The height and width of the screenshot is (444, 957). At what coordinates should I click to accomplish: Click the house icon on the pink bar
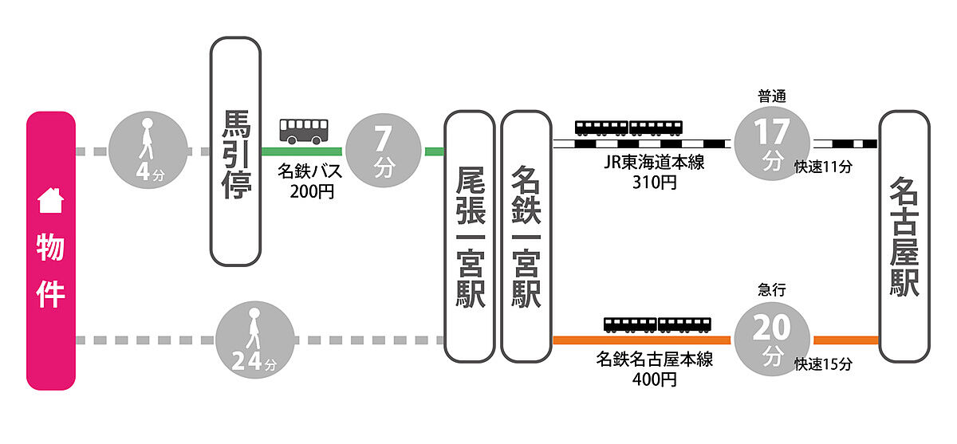pos(51,202)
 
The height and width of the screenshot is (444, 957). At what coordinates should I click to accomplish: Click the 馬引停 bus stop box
pos(235,151)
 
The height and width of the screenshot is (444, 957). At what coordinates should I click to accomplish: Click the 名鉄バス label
pos(309,171)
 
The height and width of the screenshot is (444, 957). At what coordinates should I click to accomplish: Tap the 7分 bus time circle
pos(384,150)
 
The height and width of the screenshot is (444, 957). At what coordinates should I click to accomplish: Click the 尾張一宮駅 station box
pos(470,236)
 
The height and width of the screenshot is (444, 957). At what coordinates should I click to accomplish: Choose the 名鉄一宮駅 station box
pos(526,236)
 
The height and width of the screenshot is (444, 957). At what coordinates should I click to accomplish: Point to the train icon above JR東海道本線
pos(629,128)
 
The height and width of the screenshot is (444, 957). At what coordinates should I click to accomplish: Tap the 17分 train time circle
pos(771,143)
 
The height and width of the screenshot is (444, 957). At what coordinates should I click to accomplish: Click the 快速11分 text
pos(824,167)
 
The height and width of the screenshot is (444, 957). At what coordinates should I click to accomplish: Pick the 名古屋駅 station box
pos(904,236)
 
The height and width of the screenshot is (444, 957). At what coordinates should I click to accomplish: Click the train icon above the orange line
pos(657,324)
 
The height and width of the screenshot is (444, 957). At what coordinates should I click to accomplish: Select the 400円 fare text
pos(655,379)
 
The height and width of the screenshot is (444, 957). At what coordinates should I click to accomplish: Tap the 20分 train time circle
pos(771,338)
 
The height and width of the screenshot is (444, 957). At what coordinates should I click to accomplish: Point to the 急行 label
pos(771,291)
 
